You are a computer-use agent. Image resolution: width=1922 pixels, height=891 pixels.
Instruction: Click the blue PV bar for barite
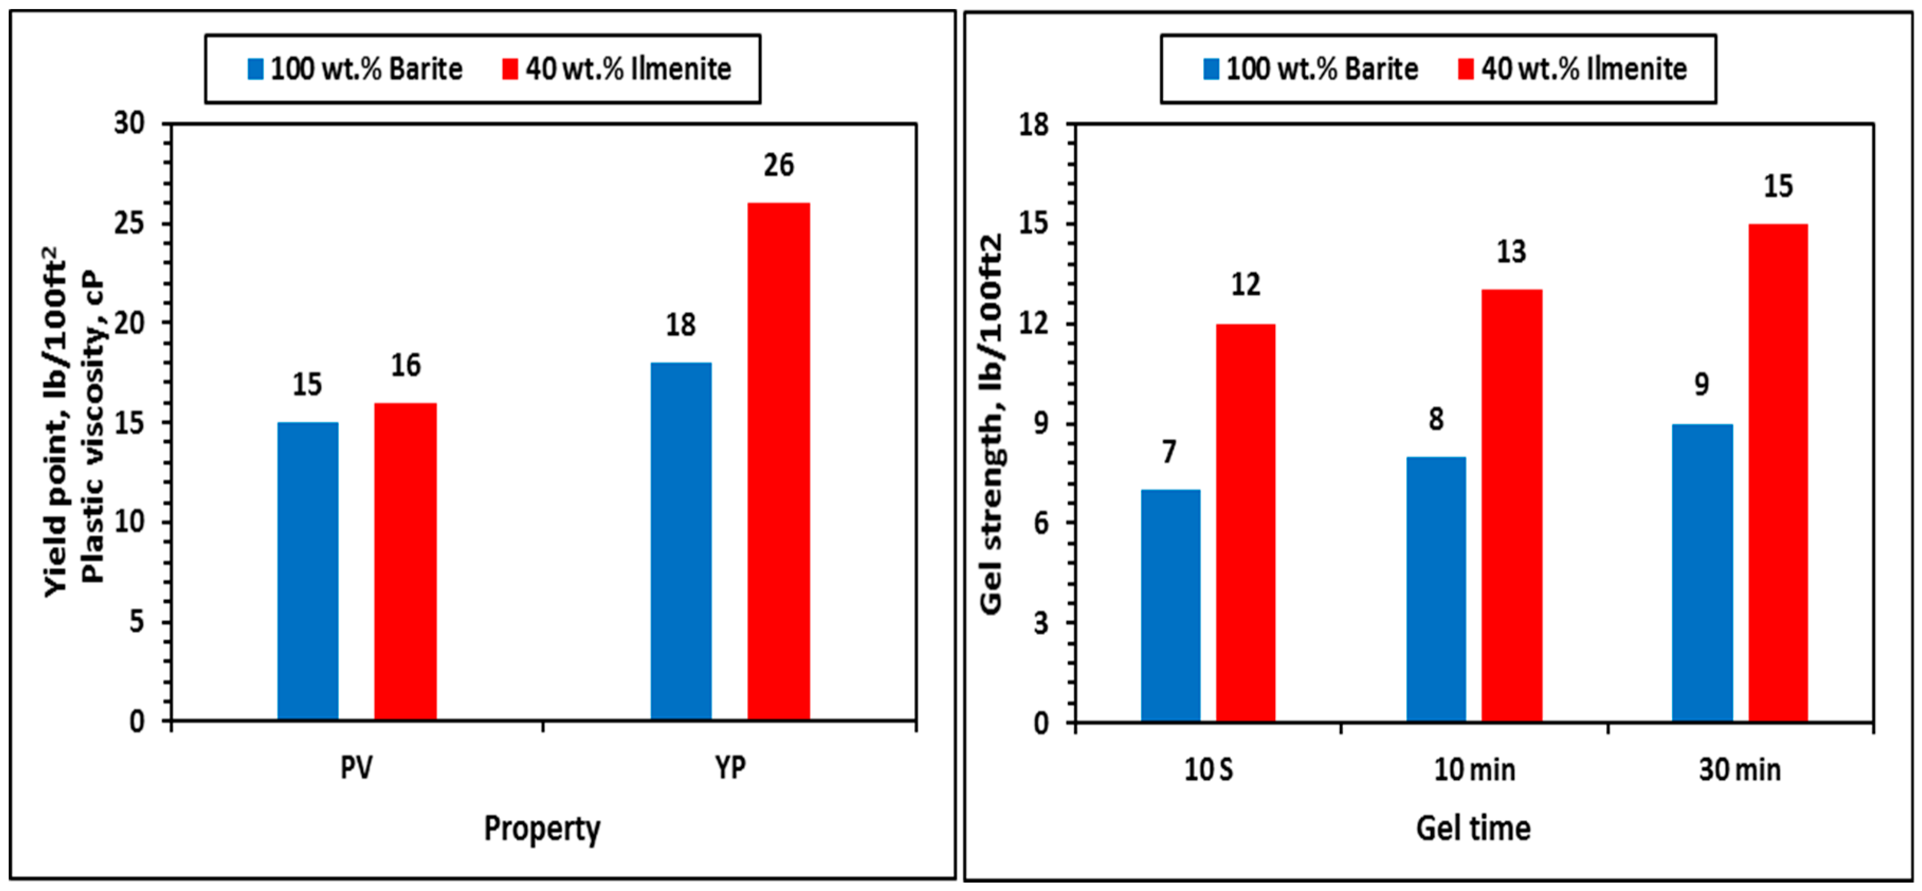tap(307, 571)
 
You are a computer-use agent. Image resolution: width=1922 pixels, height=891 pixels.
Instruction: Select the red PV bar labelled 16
tap(405, 561)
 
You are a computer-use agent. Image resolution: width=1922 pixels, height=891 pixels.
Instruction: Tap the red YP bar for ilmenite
tap(778, 461)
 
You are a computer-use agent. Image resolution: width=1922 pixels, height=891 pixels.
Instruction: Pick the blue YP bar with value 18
tap(681, 541)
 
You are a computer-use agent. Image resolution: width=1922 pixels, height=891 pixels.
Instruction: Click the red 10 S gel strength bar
tap(1245, 522)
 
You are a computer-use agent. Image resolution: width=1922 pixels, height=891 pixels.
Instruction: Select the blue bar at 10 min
tap(1435, 589)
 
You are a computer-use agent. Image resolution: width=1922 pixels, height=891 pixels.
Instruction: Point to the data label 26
tap(778, 166)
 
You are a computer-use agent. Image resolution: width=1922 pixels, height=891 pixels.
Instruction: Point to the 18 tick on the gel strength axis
tap(1033, 125)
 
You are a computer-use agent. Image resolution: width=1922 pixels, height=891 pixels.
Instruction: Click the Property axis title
tap(542, 829)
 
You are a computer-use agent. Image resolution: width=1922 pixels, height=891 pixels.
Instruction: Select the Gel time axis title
tap(1473, 829)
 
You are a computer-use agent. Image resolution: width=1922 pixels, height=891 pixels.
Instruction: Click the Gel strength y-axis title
tap(991, 423)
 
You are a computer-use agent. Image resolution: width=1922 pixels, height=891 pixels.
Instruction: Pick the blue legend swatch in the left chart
tap(255, 69)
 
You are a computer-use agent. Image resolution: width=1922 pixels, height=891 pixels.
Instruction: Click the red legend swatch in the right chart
tap(1466, 69)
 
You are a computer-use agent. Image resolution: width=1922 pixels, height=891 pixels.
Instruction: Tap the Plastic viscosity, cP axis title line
tap(93, 425)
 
